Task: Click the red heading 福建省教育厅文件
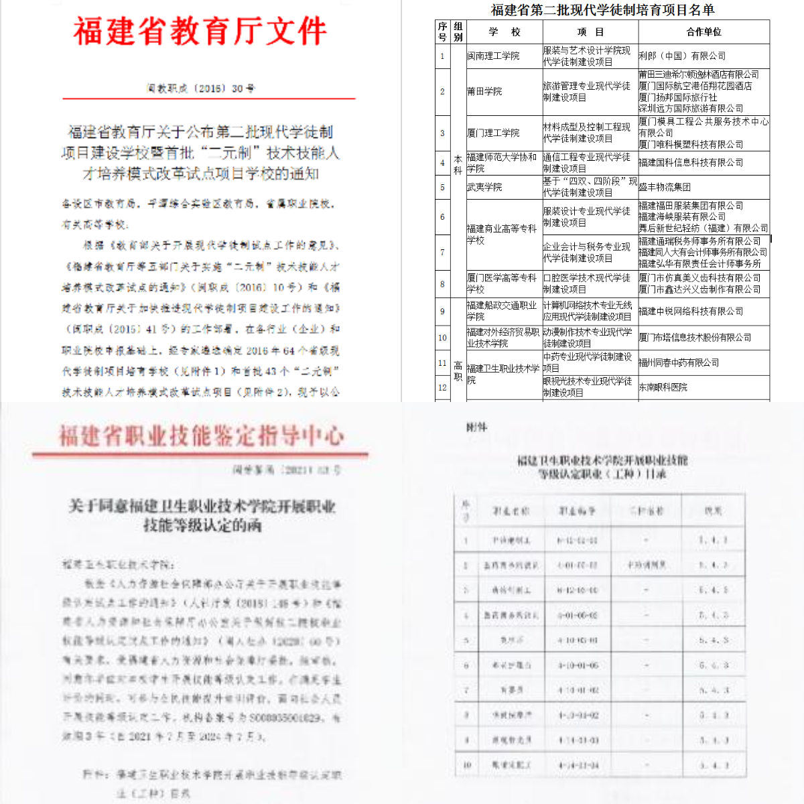(x=200, y=31)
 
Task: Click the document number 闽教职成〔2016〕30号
(x=200, y=88)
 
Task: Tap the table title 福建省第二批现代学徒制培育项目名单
(x=602, y=9)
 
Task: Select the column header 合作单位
(x=703, y=31)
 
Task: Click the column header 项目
(x=590, y=31)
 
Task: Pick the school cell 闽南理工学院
(x=493, y=56)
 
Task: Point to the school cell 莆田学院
(x=484, y=91)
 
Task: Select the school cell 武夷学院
(x=484, y=187)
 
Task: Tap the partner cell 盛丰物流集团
(x=665, y=187)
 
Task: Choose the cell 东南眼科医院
(x=663, y=387)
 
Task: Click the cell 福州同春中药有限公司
(x=679, y=362)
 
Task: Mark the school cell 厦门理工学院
(x=493, y=133)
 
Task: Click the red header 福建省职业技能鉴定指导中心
(x=201, y=436)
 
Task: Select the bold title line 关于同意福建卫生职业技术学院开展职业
(x=202, y=506)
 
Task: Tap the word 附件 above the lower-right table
(x=476, y=427)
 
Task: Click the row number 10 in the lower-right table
(x=467, y=764)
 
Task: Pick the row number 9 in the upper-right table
(x=442, y=311)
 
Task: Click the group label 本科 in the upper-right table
(x=458, y=165)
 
